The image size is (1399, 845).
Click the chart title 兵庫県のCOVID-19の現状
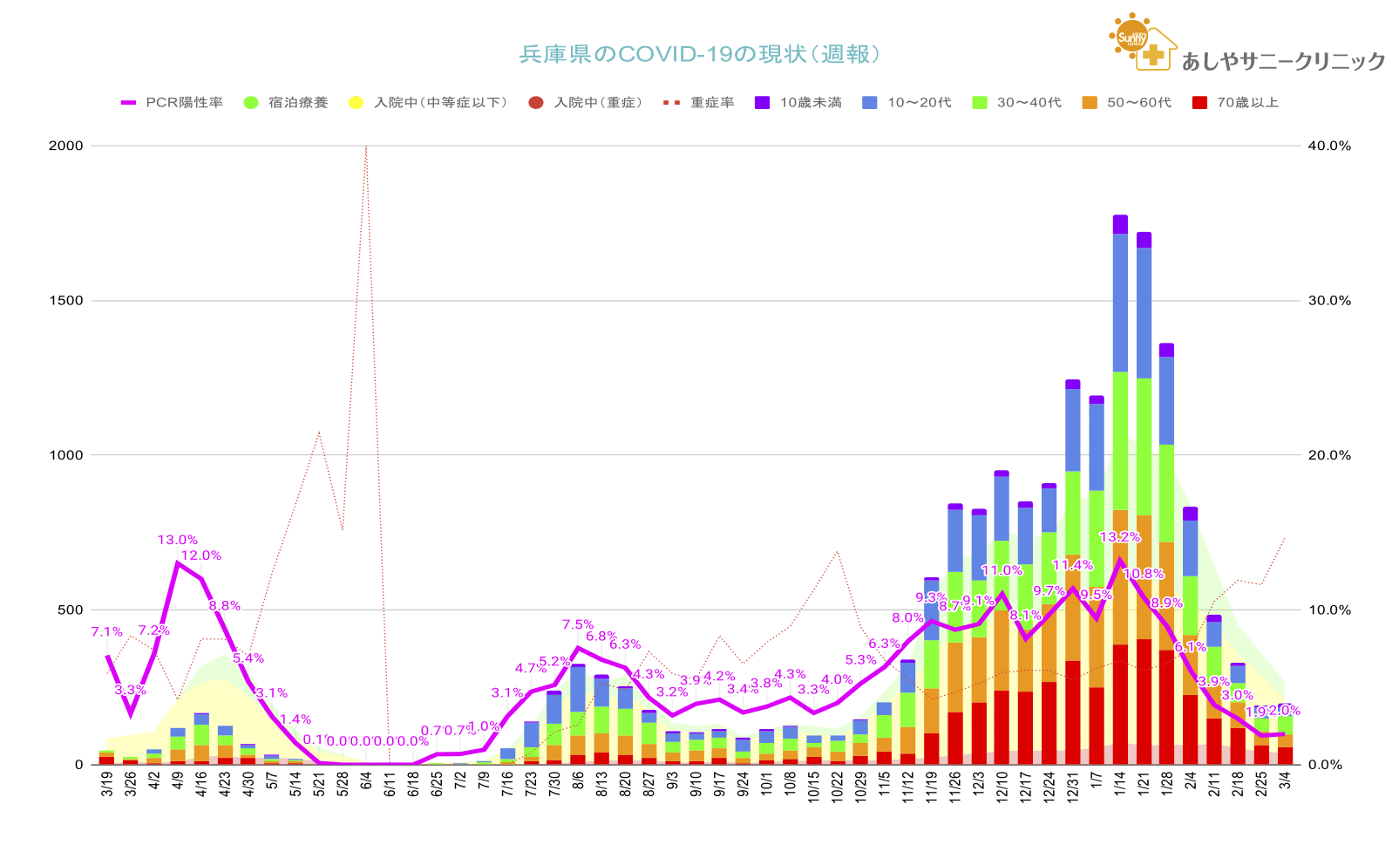699,54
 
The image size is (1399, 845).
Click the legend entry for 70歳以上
1237,103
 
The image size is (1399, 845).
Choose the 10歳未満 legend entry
799,103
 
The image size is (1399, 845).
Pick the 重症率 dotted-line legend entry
700,103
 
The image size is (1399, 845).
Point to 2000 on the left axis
66,146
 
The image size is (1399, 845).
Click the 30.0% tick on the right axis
1329,301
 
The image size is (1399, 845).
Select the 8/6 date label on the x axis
579,787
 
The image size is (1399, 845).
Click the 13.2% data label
1119,537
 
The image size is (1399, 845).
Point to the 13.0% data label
177,540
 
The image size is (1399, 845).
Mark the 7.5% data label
578,624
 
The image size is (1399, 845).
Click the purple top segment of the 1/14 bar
1120,224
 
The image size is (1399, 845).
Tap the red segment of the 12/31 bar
1072,712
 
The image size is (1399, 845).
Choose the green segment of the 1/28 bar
1167,493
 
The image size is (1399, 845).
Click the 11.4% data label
1072,565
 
